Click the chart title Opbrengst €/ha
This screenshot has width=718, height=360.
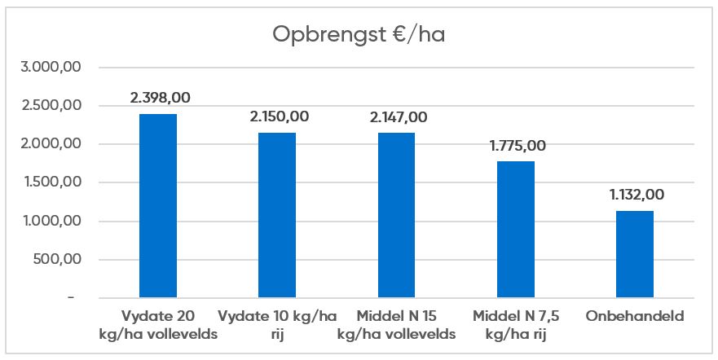tap(359, 37)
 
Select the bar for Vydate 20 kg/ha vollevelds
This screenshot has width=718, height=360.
tap(158, 206)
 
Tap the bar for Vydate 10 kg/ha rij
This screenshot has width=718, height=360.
tap(277, 216)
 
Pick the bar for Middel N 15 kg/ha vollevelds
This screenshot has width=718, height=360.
tap(396, 216)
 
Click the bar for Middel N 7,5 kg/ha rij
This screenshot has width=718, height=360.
tap(516, 230)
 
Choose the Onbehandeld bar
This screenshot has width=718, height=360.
tap(635, 254)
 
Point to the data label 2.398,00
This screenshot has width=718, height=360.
tap(160, 98)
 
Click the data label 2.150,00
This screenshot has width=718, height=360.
tap(279, 116)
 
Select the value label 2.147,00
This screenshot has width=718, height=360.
tap(397, 117)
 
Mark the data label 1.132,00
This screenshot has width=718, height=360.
tap(635, 195)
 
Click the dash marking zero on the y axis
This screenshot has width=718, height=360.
tap(71, 299)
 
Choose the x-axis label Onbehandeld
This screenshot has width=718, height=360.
tap(635, 316)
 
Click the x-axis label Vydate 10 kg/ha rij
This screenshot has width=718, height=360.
tap(277, 324)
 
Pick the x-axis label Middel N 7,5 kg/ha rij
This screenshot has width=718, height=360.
tap(516, 324)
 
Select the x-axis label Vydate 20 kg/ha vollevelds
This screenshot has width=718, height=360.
tap(158, 324)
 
